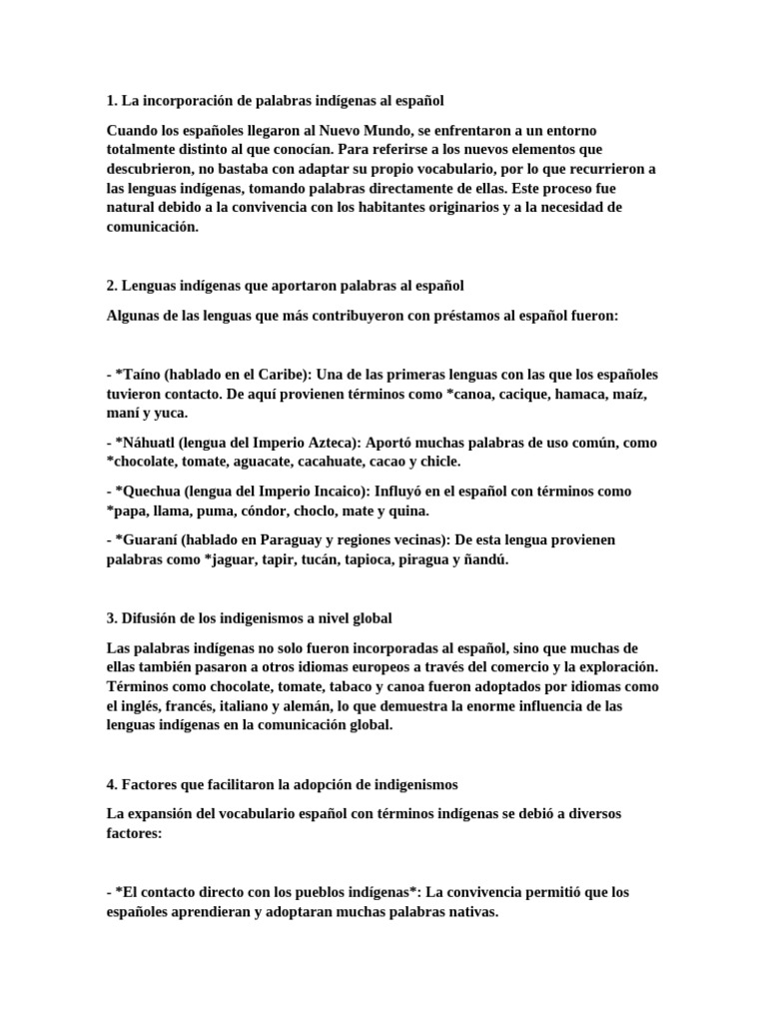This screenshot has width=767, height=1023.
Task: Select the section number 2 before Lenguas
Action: coord(112,286)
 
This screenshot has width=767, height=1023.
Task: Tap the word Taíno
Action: coord(146,375)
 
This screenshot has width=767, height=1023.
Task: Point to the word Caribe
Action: coord(281,375)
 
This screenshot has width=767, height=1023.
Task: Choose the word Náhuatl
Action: coord(156,443)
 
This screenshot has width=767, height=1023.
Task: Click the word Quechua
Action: coord(156,492)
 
